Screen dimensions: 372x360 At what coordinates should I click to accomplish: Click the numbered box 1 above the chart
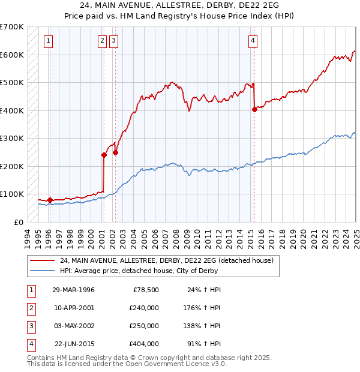pyautogui.click(x=48, y=41)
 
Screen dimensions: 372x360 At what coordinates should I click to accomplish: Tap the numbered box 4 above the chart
pyautogui.click(x=253, y=41)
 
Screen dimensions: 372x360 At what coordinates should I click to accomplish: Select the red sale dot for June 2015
pyautogui.click(x=254, y=109)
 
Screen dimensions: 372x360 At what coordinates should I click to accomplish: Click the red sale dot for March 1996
pyautogui.click(x=50, y=200)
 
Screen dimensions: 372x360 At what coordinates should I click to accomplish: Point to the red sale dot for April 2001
pyautogui.click(x=104, y=155)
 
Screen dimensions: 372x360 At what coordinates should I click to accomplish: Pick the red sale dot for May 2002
pyautogui.click(x=115, y=152)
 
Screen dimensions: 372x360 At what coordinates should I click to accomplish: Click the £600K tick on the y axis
pyautogui.click(x=13, y=55)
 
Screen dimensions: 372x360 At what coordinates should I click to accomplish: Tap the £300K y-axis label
pyautogui.click(x=13, y=138)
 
